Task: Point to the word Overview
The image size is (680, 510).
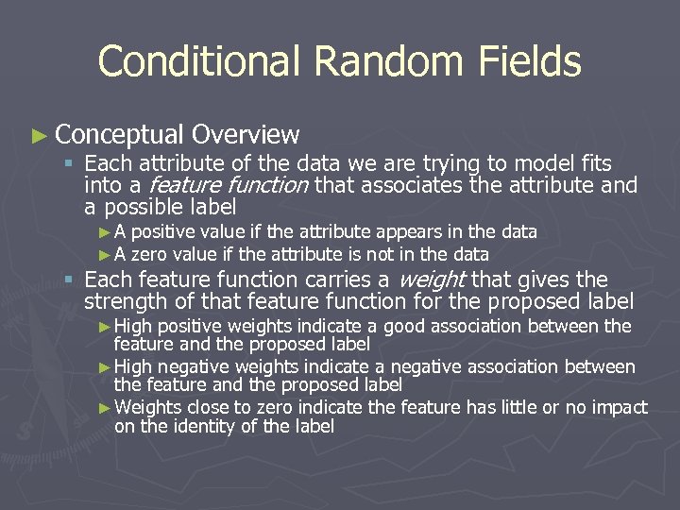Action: pyautogui.click(x=245, y=136)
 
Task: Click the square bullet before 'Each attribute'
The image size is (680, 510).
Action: pyautogui.click(x=68, y=163)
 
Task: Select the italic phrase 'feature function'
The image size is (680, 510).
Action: pyautogui.click(x=229, y=185)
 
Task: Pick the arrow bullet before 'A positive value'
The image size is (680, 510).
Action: pyautogui.click(x=105, y=232)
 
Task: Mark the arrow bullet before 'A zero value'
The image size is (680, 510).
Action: pyautogui.click(x=105, y=254)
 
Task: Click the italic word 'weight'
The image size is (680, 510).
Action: pyautogui.click(x=432, y=280)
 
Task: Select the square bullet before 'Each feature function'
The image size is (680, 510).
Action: pyautogui.click(x=68, y=280)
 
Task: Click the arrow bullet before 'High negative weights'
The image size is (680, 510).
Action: pyautogui.click(x=105, y=366)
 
